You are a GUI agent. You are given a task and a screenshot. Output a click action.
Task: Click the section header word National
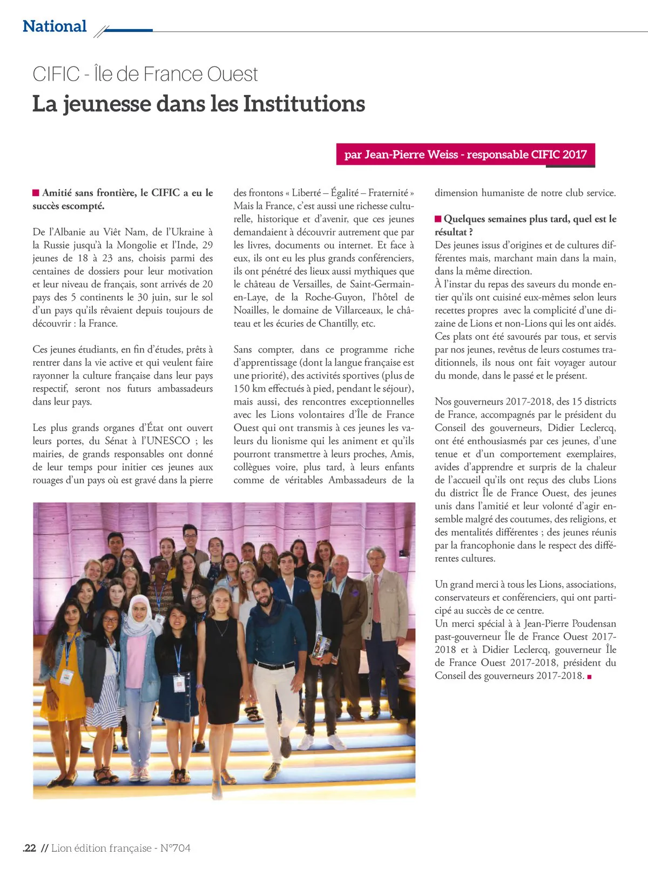point(55,26)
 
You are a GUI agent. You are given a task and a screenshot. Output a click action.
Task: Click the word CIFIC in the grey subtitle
point(56,74)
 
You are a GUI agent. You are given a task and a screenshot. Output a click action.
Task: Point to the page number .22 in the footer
point(30,848)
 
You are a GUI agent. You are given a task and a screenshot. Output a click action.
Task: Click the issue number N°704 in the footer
point(175,848)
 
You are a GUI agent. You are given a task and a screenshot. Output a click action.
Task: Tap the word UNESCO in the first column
point(168,441)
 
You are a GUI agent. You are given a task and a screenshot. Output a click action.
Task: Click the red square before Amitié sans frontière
point(36,193)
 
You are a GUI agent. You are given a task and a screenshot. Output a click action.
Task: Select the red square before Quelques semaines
point(438,219)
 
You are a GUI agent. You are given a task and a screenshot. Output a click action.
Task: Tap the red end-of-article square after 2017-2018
point(589,676)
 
